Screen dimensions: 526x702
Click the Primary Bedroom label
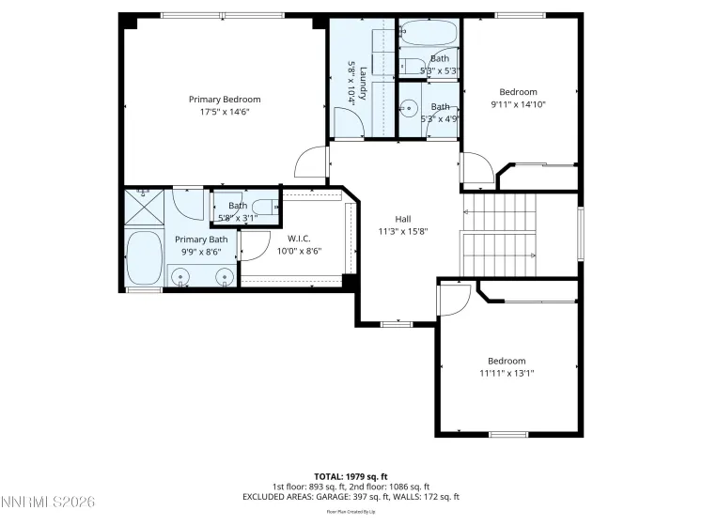(225, 100)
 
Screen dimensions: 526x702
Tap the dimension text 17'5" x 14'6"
(225, 112)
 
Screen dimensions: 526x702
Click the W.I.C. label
(299, 239)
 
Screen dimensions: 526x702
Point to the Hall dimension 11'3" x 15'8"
(403, 231)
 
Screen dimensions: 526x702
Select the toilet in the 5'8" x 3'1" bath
(265, 207)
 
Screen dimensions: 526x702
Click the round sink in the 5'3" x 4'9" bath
(411, 108)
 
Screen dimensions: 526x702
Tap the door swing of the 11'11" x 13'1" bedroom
(454, 300)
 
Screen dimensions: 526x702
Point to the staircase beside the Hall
(499, 235)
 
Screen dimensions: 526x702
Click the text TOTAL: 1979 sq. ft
(351, 476)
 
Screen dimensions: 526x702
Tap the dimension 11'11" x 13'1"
(507, 373)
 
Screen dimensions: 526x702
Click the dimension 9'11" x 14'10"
(518, 104)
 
